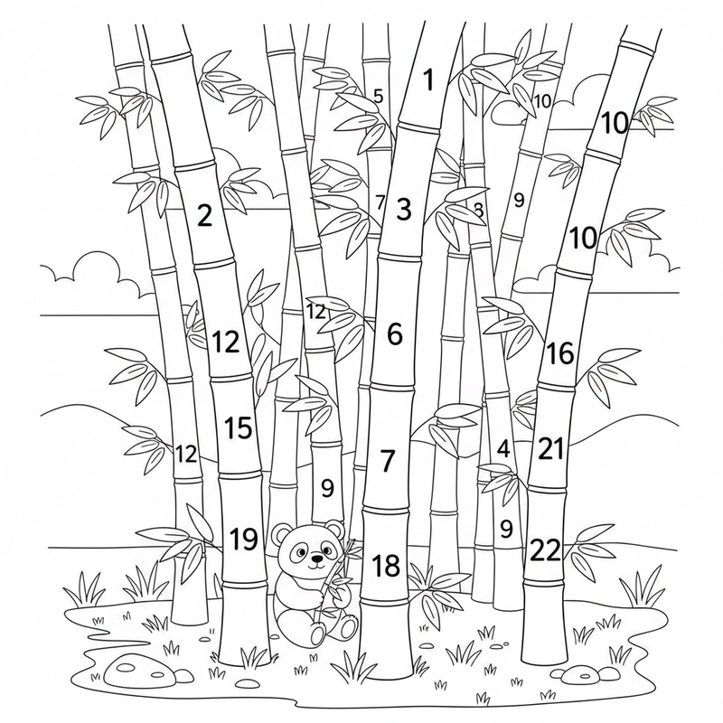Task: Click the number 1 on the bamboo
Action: pos(429,80)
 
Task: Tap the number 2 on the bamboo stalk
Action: pos(205,215)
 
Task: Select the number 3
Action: pos(403,209)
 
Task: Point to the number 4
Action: pos(503,448)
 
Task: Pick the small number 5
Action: pos(378,97)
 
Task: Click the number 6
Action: pos(395,333)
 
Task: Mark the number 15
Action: pos(239,427)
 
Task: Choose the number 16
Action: pos(559,353)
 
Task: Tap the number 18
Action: pos(386,566)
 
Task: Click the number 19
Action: pos(243,539)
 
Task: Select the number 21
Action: pos(551,448)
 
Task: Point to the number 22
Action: pos(546,549)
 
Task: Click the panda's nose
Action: pos(315,559)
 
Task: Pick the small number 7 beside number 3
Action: pos(380,202)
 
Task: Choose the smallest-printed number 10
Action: pos(543,101)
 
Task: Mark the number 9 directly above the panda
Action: pos(327,488)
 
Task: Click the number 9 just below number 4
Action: pos(506,529)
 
